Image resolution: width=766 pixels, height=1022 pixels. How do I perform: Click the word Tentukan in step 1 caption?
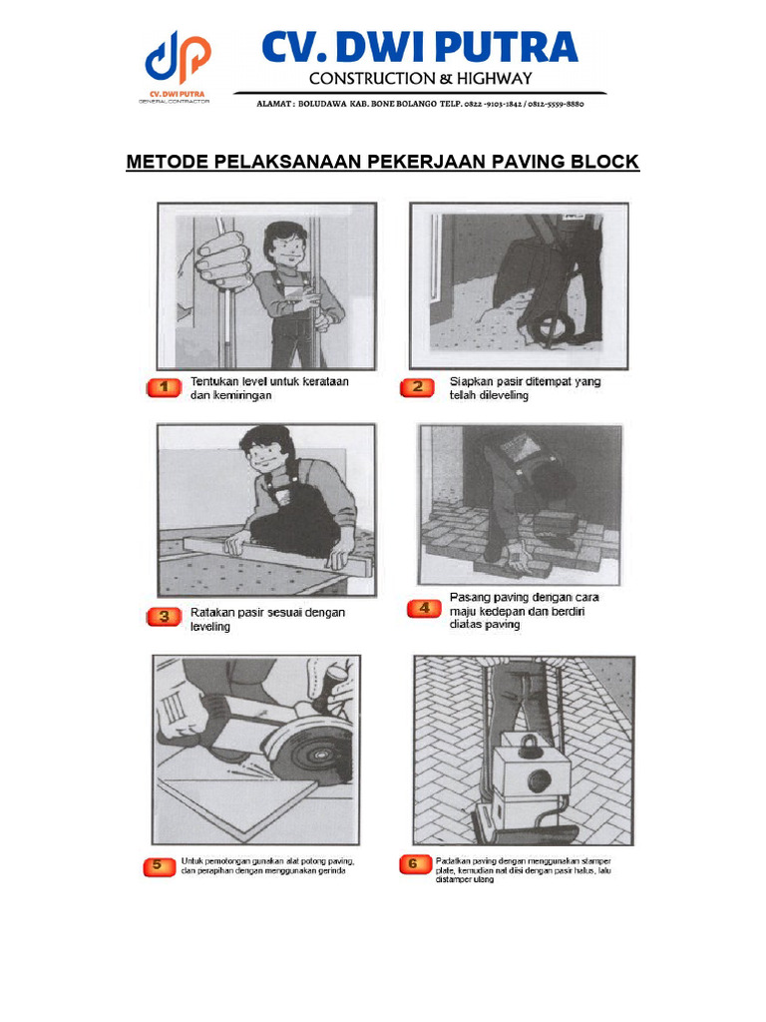[213, 381]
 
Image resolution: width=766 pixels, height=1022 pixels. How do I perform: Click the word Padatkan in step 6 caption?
[454, 860]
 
